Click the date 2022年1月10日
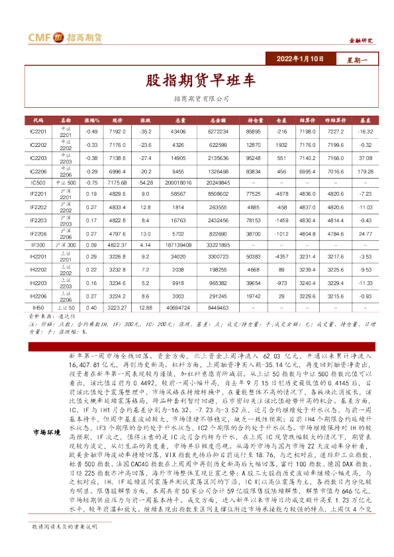(302, 59)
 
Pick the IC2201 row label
(38, 132)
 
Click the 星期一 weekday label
(358, 59)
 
